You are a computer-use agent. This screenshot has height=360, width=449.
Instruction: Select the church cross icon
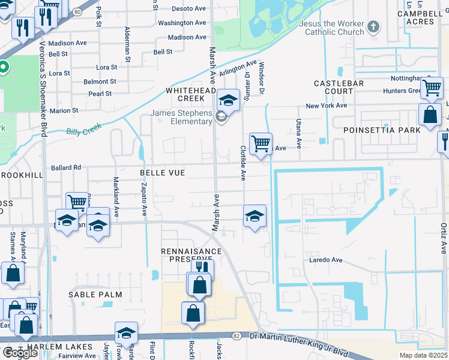pos(373,26)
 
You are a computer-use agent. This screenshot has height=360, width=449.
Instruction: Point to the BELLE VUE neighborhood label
pos(162,173)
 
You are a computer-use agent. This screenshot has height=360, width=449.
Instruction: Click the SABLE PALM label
pos(95,295)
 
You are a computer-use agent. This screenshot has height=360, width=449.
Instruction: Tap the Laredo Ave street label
pos(325,260)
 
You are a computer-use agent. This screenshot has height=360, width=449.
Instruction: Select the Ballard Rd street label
pos(66,167)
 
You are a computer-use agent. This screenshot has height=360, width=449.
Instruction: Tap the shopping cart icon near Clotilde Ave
pos(261,144)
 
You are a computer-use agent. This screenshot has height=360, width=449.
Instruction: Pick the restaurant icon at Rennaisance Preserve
pos(202,268)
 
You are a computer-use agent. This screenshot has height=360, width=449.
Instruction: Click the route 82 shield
pos(237,337)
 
